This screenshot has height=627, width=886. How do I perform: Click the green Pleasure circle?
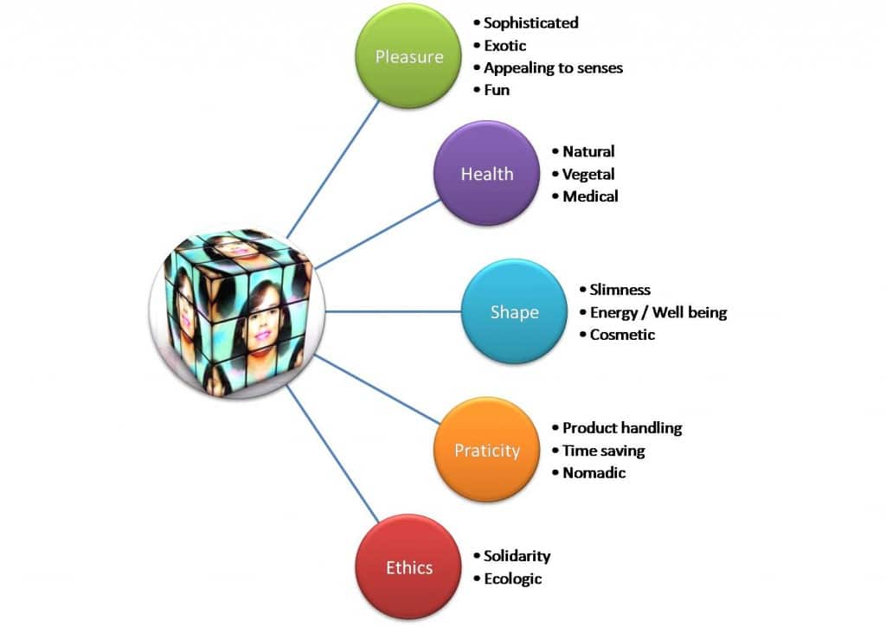tap(409, 57)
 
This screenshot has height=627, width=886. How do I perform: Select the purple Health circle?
tap(486, 174)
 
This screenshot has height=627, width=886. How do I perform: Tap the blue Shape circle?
tap(514, 312)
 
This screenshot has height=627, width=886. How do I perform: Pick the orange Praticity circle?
tap(486, 451)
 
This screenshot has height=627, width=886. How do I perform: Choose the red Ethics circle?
tap(409, 567)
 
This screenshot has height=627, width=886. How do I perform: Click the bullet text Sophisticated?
tap(530, 22)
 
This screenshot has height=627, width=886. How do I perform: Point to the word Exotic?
tap(504, 45)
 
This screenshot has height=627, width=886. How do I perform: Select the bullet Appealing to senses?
tap(553, 67)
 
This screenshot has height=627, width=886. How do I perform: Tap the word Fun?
tap(497, 90)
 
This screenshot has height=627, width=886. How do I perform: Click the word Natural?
tap(588, 151)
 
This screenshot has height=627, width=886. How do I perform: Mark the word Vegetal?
tap(588, 174)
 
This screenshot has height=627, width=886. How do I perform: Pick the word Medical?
tap(590, 196)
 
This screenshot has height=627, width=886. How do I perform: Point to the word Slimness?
tap(620, 290)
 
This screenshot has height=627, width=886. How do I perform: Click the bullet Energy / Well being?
tap(658, 312)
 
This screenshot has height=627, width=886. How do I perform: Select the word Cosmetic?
tap(622, 335)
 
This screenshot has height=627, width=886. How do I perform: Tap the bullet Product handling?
tap(622, 428)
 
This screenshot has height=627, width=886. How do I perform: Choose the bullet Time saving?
tap(603, 451)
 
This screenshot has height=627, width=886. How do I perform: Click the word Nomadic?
tap(594, 473)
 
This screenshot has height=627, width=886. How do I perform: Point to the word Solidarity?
tap(517, 556)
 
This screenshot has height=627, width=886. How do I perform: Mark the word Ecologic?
tap(512, 579)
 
